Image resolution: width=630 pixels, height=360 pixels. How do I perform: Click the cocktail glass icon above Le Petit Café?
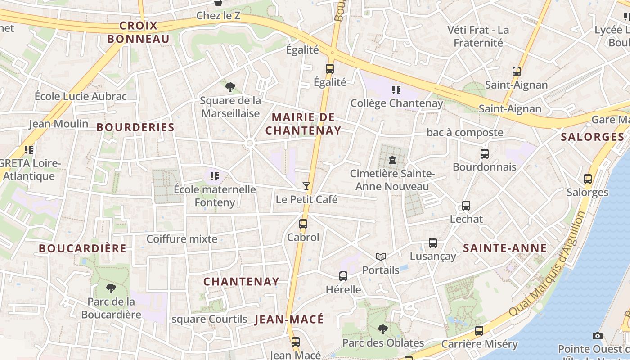(x=306, y=186)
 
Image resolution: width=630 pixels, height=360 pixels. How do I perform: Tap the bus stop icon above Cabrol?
(x=303, y=224)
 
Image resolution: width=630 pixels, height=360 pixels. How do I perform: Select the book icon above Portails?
(x=381, y=256)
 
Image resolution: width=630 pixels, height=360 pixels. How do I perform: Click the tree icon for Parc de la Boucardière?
(x=111, y=288)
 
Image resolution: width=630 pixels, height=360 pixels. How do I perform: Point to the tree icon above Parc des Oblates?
(x=383, y=329)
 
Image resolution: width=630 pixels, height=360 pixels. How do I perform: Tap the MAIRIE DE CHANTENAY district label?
(x=303, y=124)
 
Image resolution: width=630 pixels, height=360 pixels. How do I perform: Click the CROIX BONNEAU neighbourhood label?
(x=139, y=32)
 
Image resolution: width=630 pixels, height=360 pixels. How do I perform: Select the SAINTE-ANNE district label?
(x=505, y=248)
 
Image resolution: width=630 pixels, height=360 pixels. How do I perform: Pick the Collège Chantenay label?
(x=396, y=103)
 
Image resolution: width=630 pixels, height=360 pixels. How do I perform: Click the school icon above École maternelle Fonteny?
(x=214, y=176)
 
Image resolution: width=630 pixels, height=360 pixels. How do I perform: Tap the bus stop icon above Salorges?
(x=587, y=179)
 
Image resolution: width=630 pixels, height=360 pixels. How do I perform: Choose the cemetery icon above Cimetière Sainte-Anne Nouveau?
(x=392, y=160)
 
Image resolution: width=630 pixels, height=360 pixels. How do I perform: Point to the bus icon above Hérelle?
(x=343, y=276)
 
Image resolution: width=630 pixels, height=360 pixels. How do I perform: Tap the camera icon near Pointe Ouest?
(x=597, y=336)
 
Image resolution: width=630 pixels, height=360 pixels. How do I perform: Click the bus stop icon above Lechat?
(x=466, y=206)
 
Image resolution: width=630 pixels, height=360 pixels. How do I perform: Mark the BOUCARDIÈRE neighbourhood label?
(x=82, y=248)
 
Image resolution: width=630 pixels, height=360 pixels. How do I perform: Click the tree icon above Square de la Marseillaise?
(x=230, y=87)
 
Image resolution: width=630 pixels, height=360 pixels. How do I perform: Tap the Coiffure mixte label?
(x=182, y=239)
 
